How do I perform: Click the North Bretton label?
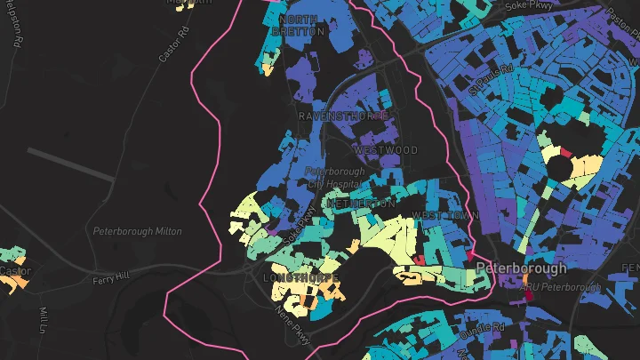(x=300, y=25)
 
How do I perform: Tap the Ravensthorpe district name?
(x=342, y=116)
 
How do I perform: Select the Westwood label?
(x=385, y=150)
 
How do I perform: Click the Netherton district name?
(x=361, y=204)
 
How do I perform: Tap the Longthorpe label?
(x=302, y=278)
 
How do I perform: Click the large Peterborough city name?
(x=521, y=268)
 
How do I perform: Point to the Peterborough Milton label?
(x=138, y=231)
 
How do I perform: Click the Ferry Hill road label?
(x=110, y=278)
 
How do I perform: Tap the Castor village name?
(x=15, y=270)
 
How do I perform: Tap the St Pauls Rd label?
(x=493, y=77)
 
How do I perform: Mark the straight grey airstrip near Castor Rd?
(x=71, y=164)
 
